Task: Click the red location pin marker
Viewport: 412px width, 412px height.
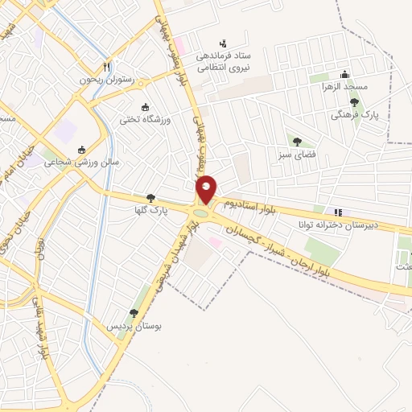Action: click(206, 189)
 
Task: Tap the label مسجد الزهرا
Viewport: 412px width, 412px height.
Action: click(344, 85)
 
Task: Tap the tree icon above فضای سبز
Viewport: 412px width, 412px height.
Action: click(298, 142)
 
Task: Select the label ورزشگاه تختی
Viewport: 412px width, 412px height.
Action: click(145, 119)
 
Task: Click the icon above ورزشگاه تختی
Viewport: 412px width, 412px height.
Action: click(145, 107)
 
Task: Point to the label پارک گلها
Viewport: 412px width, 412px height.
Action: click(150, 210)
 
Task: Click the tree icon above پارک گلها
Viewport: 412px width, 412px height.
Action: click(150, 198)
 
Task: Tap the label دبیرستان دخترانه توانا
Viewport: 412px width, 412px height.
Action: click(337, 225)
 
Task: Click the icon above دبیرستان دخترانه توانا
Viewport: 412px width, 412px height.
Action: click(338, 212)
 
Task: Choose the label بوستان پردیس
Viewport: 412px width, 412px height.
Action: click(134, 326)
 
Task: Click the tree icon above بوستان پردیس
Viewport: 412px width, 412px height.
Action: click(134, 314)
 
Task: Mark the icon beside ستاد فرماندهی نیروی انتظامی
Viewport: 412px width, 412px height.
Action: click(222, 43)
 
